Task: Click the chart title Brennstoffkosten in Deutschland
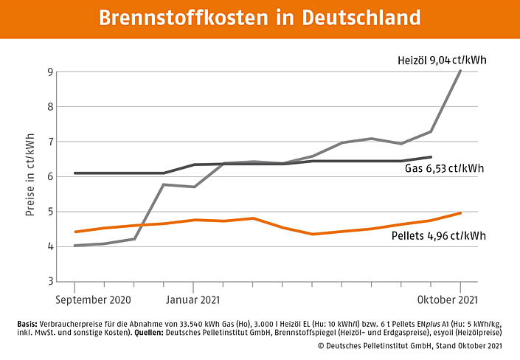(260, 18)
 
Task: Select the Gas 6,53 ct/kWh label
(444, 168)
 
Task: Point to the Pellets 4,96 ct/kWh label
(439, 235)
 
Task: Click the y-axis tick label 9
(49, 72)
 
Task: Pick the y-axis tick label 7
(49, 142)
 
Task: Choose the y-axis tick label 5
(49, 212)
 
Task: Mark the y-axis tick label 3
(49, 281)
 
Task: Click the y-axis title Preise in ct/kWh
(30, 176)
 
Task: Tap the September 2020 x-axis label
(94, 300)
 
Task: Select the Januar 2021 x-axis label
(194, 300)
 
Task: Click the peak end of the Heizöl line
(461, 71)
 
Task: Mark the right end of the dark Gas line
(431, 156)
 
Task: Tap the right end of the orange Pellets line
(461, 212)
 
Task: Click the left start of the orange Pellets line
(75, 232)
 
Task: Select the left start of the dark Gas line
(75, 173)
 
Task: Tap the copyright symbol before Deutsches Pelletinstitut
(321, 345)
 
